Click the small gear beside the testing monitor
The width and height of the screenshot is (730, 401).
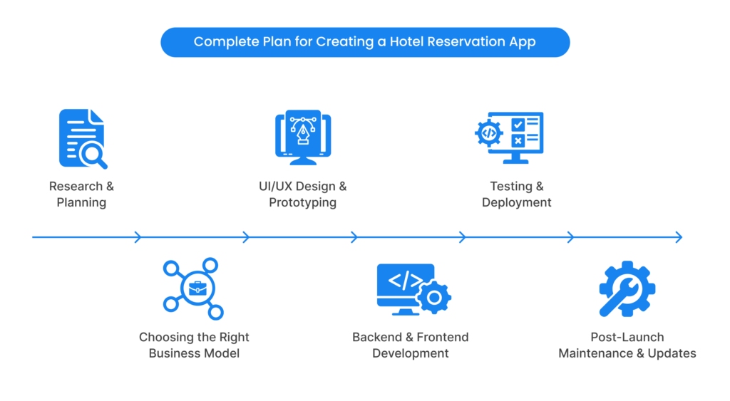489,133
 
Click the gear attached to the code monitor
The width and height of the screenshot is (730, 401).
433,296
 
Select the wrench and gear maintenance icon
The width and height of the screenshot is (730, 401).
627,288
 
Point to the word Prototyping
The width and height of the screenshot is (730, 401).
302,202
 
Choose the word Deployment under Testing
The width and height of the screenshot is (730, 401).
517,202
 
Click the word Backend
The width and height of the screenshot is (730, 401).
377,337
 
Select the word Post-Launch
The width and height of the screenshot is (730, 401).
627,337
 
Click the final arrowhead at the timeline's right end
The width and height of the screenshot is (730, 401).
679,237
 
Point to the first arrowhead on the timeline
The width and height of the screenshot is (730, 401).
138,237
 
